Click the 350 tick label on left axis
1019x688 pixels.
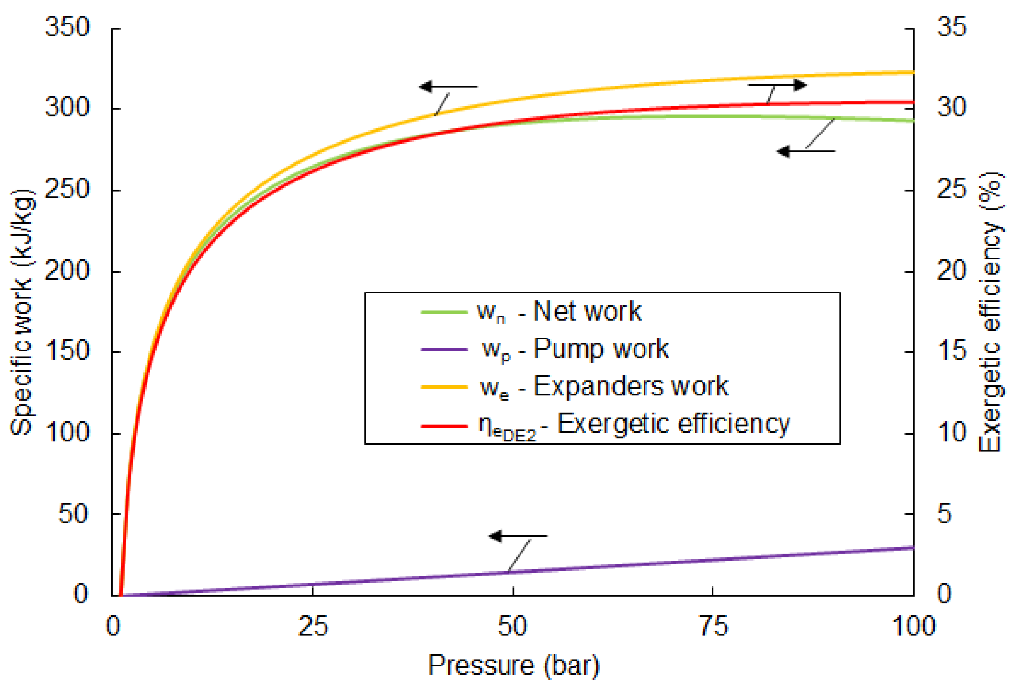(x=67, y=27)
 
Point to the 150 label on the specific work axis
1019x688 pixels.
(x=67, y=351)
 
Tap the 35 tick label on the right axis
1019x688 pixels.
(x=951, y=27)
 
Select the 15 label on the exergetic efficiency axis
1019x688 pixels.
(x=951, y=351)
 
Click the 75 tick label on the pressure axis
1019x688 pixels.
(x=713, y=626)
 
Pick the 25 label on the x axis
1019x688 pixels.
(x=313, y=626)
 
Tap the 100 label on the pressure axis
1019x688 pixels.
(x=914, y=626)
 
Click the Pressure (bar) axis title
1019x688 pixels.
(x=513, y=665)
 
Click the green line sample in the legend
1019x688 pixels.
(x=444, y=312)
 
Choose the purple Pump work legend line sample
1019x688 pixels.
(x=444, y=350)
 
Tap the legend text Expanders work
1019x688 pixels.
(x=631, y=386)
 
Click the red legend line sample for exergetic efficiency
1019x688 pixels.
(x=444, y=425)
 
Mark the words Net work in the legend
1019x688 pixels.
(x=587, y=311)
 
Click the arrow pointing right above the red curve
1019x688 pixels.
(x=778, y=85)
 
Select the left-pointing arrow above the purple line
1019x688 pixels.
(x=518, y=536)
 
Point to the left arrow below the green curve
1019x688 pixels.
(x=806, y=151)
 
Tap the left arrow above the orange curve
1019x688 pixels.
(x=448, y=87)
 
